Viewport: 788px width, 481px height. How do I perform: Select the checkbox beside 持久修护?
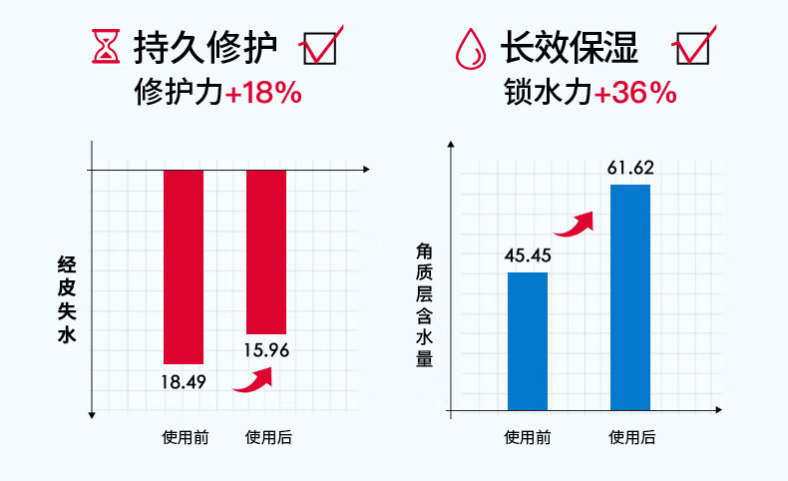(320, 47)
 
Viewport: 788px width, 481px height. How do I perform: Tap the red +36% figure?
(635, 94)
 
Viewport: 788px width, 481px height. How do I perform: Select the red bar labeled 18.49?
(184, 266)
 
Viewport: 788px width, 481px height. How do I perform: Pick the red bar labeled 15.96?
(266, 251)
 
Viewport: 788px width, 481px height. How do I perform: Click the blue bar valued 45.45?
(528, 340)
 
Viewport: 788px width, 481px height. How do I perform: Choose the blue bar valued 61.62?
(630, 296)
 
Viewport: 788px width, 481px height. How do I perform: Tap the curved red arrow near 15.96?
(255, 378)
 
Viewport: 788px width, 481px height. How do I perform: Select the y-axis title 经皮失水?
(68, 299)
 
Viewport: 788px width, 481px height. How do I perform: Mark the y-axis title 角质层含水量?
(424, 306)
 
